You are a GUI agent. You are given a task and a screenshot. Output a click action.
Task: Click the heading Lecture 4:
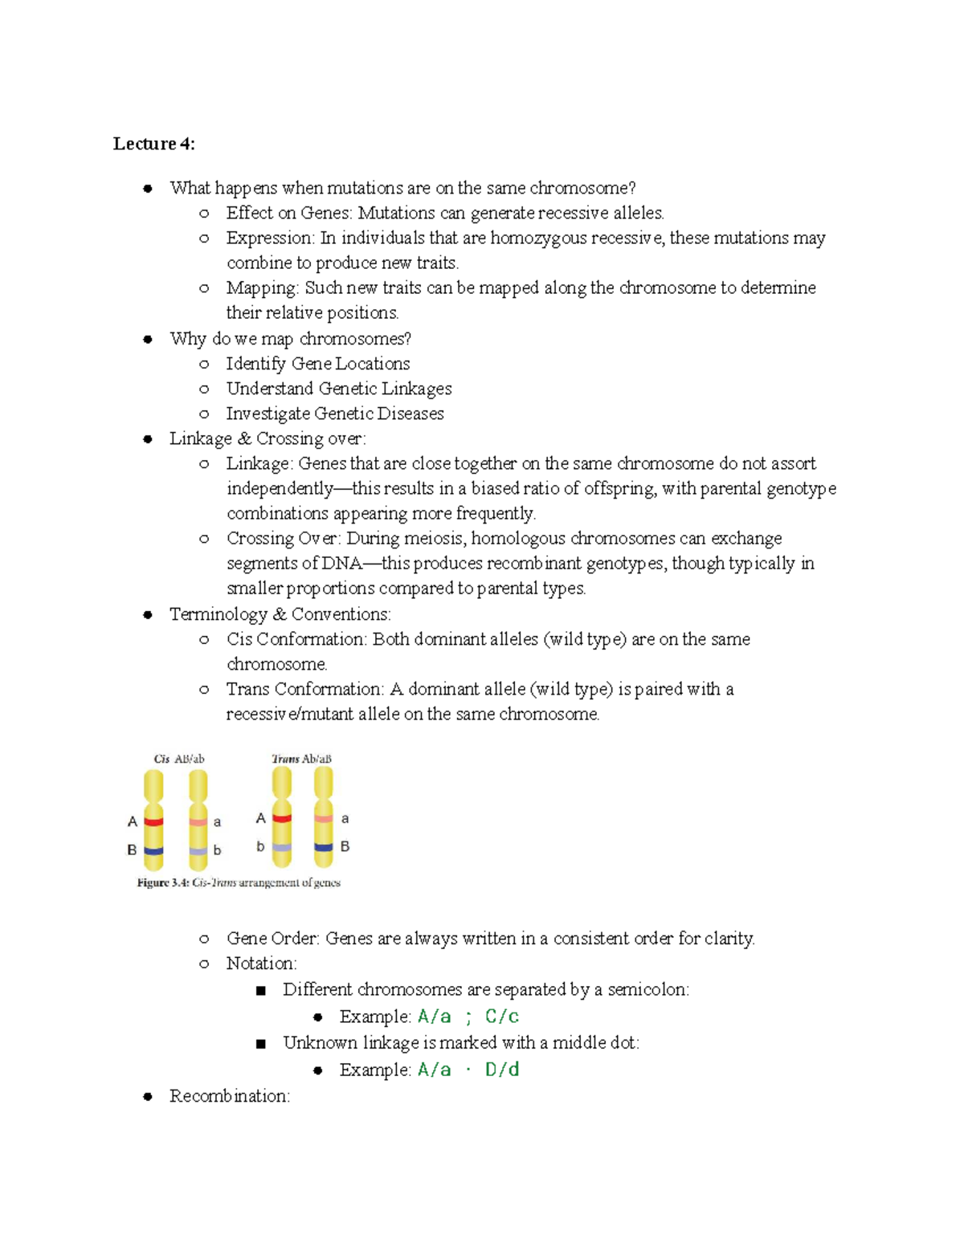pos(153,144)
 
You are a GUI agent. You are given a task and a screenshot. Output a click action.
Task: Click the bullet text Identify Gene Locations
pos(318,364)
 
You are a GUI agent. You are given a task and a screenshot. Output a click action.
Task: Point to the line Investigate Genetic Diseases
pos(335,414)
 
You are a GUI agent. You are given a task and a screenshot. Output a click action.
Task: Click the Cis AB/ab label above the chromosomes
pos(179,759)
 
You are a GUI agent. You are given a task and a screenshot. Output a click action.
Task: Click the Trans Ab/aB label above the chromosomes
pos(301,759)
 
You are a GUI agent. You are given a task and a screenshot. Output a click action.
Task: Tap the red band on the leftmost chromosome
pos(153,821)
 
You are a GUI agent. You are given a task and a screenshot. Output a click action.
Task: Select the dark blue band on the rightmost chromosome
pos(323,847)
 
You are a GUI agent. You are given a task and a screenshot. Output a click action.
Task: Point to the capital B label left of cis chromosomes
pos(132,850)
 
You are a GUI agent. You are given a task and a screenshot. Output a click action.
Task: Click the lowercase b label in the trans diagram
pos(260,846)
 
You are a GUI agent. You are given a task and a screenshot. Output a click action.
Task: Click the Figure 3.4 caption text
pos(239,882)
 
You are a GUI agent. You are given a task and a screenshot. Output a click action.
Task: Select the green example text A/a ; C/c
pos(468,1017)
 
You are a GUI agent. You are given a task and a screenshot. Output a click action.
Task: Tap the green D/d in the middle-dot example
pos(502,1070)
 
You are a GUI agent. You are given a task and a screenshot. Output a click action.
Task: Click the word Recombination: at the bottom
pos(229,1096)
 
